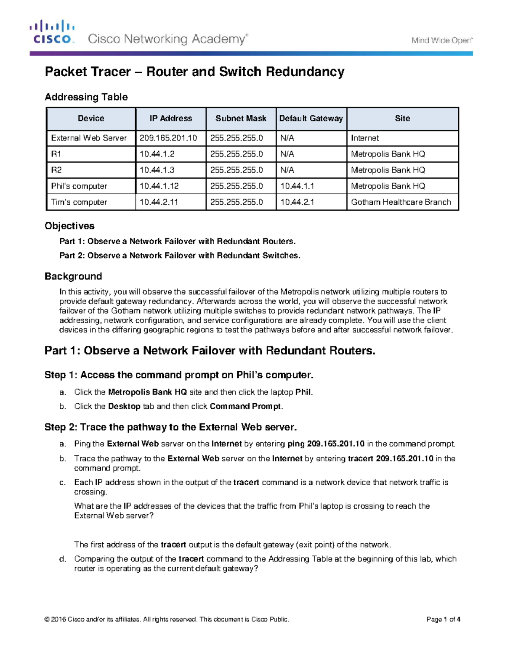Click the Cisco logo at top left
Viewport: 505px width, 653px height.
[52, 32]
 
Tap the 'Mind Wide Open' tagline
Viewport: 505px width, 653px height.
[442, 40]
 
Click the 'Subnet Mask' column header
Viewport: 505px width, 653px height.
[241, 119]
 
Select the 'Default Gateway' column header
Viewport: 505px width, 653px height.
[311, 119]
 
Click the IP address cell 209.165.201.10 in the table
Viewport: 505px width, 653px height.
[168, 138]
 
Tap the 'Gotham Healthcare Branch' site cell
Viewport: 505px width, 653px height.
[401, 202]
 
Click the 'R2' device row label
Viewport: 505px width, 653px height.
[56, 170]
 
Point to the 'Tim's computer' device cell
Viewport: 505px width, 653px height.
[79, 202]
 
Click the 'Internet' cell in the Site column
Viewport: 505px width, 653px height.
[365, 138]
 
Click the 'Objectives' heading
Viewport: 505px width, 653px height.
[69, 226]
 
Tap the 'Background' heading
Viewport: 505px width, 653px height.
[73, 276]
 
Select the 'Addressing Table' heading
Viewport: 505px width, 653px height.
[86, 97]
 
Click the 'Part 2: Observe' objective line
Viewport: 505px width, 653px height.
[180, 255]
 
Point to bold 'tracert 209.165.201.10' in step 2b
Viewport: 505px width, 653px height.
[390, 458]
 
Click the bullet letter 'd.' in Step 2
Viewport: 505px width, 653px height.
[63, 559]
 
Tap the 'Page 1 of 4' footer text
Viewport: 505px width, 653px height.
[443, 619]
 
